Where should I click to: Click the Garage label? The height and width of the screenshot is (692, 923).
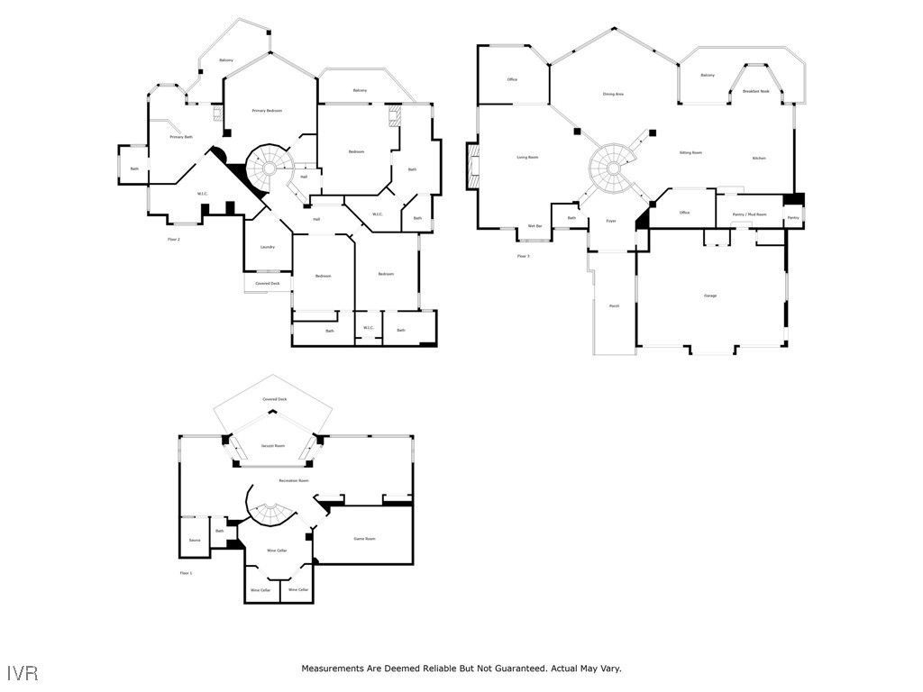click(x=710, y=296)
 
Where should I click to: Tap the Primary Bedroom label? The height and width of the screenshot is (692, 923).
click(x=267, y=111)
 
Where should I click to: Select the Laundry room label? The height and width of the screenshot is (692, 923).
click(x=268, y=247)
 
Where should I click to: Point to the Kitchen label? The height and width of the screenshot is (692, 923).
click(x=759, y=159)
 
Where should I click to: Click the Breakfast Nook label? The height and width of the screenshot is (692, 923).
click(x=756, y=91)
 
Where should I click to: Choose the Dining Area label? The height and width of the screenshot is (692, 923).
click(x=613, y=94)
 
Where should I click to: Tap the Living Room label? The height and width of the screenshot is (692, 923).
click(x=527, y=158)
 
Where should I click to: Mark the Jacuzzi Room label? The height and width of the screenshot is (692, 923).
click(x=273, y=446)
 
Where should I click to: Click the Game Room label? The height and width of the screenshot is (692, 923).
click(x=364, y=539)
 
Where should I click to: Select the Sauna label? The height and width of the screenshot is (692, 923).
click(x=194, y=541)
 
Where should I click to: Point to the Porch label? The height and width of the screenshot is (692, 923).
click(x=614, y=306)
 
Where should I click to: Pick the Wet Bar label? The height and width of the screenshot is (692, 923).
click(x=535, y=225)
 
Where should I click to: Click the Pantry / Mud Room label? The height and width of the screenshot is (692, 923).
click(x=749, y=214)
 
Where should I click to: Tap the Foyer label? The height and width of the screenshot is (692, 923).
click(x=610, y=221)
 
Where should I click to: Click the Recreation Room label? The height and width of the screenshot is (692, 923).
click(x=294, y=480)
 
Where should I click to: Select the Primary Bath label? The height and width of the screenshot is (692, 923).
click(x=181, y=137)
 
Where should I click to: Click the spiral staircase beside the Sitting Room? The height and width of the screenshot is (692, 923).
click(x=612, y=166)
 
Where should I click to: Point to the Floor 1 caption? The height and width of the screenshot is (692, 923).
click(x=186, y=573)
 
